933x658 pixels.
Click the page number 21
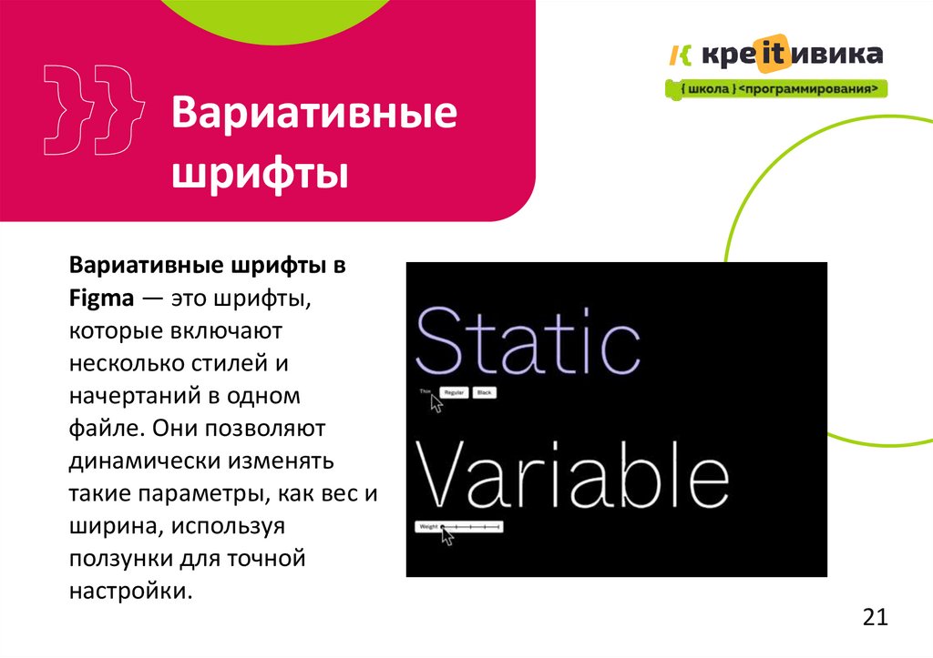coord(875,618)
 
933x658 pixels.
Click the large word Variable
coord(572,477)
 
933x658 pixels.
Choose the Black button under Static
coord(484,392)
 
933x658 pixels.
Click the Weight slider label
coord(427,527)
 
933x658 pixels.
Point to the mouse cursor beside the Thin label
coord(436,403)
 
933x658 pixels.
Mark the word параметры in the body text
coord(202,492)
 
